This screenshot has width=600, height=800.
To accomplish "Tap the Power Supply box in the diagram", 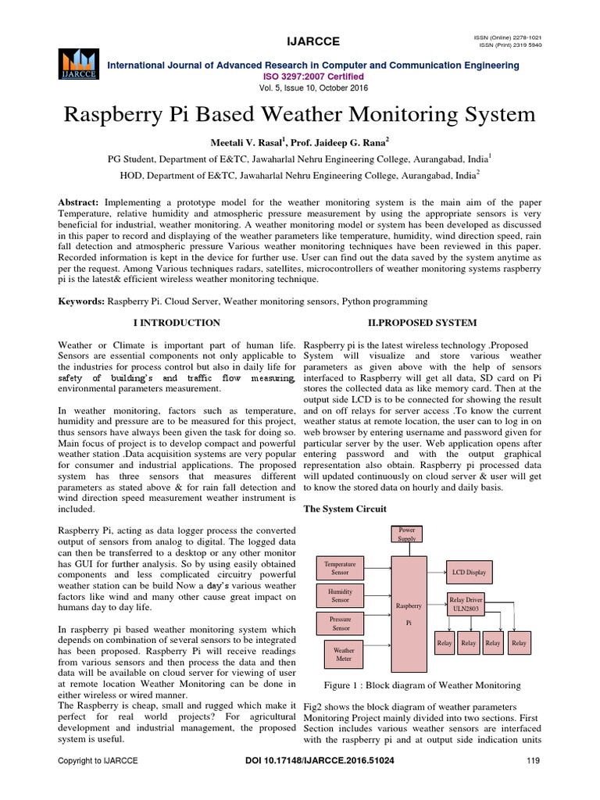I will point(409,533).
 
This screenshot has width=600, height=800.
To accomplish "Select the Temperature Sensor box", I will point(340,568).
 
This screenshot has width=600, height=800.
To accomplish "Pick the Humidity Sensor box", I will point(340,596).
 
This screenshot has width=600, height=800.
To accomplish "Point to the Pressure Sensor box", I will point(341,623).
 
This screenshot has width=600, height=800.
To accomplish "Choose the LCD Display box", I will point(469,573).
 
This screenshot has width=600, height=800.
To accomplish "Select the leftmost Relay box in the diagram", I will point(444,643).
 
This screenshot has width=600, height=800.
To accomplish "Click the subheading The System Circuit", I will point(345,509).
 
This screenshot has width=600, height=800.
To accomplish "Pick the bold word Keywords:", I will point(82,300).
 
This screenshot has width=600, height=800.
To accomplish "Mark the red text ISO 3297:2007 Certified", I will point(300,77).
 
